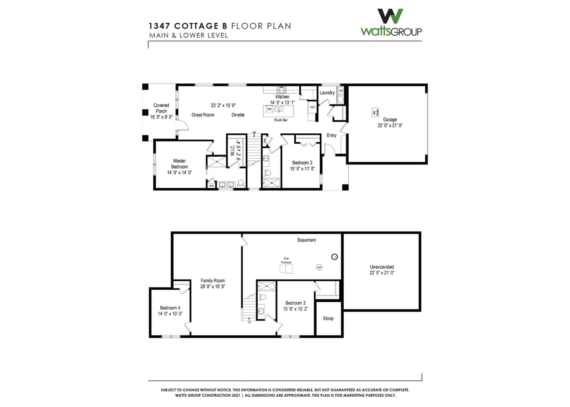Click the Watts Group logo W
click(391, 16)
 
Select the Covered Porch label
click(161, 108)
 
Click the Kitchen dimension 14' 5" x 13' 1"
click(282, 103)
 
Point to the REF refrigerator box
click(313, 107)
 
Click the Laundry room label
click(327, 93)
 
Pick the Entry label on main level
click(332, 136)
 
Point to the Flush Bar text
click(280, 120)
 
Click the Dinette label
click(238, 115)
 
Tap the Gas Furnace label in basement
click(286, 260)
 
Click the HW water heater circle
click(319, 267)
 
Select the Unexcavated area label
click(382, 267)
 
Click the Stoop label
click(328, 318)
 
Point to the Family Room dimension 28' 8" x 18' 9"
click(213, 287)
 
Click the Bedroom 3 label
click(296, 304)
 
